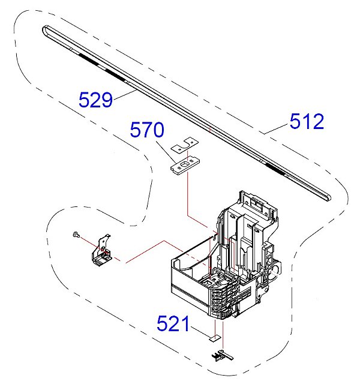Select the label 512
pos(307,122)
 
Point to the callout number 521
pos(174,324)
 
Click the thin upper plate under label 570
pos(185,145)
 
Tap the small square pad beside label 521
pos(214,338)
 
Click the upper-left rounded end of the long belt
pos(47,28)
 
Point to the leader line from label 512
pos(275,128)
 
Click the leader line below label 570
pos(165,146)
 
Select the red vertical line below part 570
pos(188,192)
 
